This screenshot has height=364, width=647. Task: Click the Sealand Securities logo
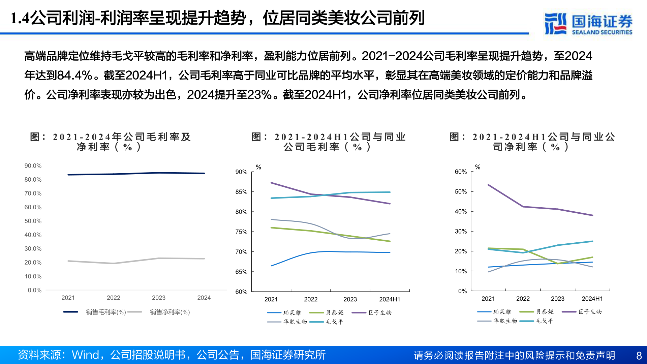click(x=588, y=24)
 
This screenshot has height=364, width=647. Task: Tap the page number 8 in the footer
click(x=639, y=355)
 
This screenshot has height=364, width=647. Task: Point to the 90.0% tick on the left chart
click(x=33, y=166)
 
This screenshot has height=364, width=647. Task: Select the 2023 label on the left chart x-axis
click(x=158, y=298)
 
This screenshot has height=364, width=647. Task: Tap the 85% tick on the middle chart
click(x=241, y=192)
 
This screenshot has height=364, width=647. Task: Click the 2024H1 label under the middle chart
click(x=390, y=299)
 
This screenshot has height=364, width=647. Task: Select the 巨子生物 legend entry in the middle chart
click(x=380, y=313)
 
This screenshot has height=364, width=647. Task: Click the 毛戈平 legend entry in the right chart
click(x=545, y=321)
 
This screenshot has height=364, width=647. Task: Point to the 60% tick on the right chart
click(x=461, y=172)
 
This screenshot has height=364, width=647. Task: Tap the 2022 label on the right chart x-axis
click(x=523, y=299)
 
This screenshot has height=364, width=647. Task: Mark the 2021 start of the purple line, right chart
click(x=488, y=185)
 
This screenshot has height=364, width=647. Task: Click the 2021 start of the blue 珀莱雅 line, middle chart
click(x=271, y=266)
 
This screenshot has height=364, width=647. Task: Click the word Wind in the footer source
click(x=86, y=355)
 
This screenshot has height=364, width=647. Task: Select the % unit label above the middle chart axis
click(x=258, y=167)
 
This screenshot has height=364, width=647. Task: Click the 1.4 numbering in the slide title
click(x=20, y=18)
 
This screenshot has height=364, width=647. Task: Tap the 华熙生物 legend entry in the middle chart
click(x=295, y=322)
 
